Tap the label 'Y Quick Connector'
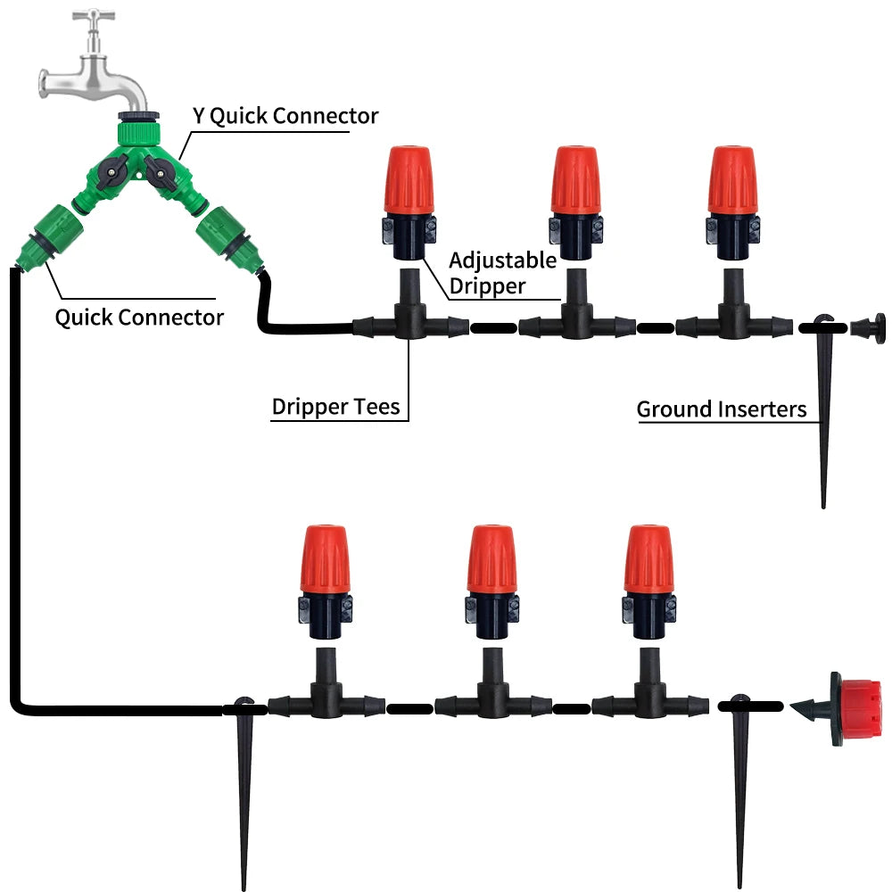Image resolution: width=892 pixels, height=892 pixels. (x=285, y=116)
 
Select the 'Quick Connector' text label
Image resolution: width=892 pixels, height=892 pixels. (x=139, y=317)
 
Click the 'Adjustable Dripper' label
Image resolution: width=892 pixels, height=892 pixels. (x=501, y=274)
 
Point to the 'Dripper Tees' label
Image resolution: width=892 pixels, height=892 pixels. (x=335, y=408)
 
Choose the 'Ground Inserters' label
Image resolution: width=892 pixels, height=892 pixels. (x=721, y=409)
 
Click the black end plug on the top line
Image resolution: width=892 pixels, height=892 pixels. (x=869, y=327)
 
